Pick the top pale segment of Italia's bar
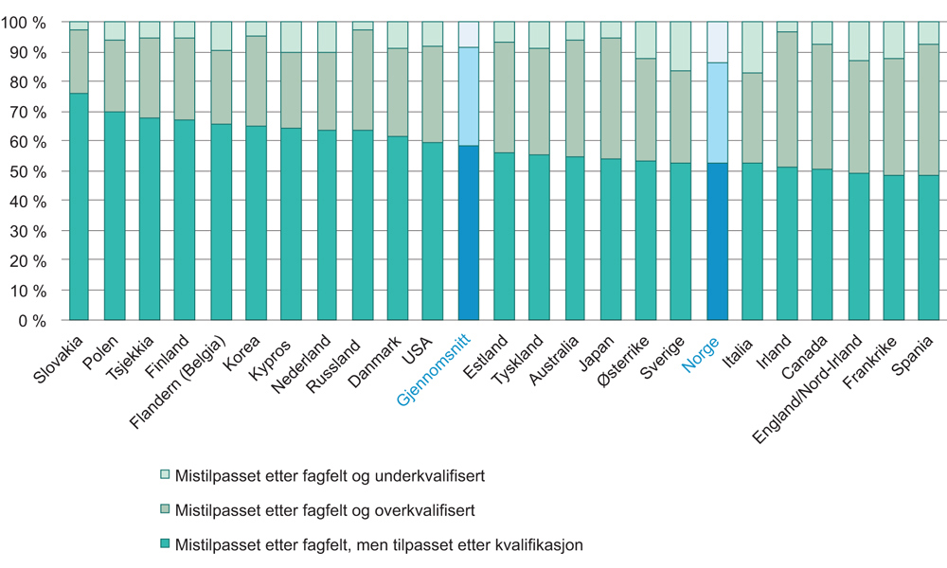[x=753, y=47]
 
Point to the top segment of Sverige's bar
[x=682, y=46]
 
